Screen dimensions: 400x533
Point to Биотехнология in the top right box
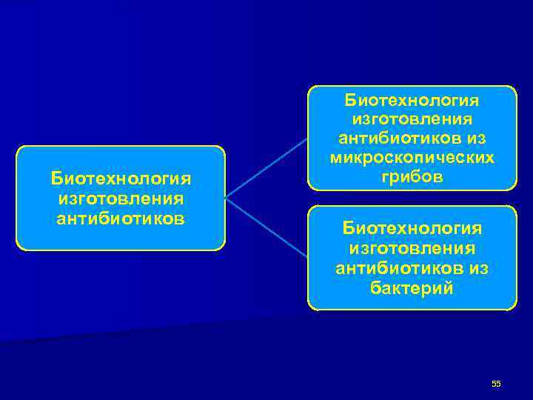coord(412,99)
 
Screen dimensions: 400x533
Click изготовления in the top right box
coord(412,119)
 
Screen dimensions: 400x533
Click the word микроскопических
coord(412,159)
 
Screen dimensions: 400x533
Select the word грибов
coord(412,179)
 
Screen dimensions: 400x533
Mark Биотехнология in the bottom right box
coord(412,228)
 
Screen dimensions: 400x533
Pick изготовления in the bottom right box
coord(412,248)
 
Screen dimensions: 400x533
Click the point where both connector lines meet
coord(227,198)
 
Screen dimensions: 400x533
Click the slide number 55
coord(496,383)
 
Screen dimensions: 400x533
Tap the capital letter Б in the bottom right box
coord(348,228)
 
